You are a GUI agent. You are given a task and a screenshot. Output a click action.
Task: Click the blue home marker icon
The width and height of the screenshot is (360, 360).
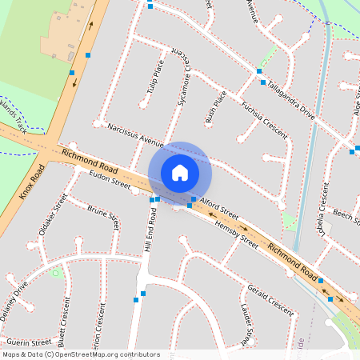click(180, 172)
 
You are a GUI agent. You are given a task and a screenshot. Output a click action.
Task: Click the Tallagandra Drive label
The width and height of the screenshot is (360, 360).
click(291, 99)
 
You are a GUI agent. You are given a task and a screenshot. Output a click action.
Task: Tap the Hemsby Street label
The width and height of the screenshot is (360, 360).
click(236, 234)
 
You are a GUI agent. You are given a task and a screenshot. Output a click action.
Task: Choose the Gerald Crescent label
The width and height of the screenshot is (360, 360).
click(270, 298)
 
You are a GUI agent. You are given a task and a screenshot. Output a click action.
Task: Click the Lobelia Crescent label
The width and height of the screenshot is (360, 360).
click(322, 205)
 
